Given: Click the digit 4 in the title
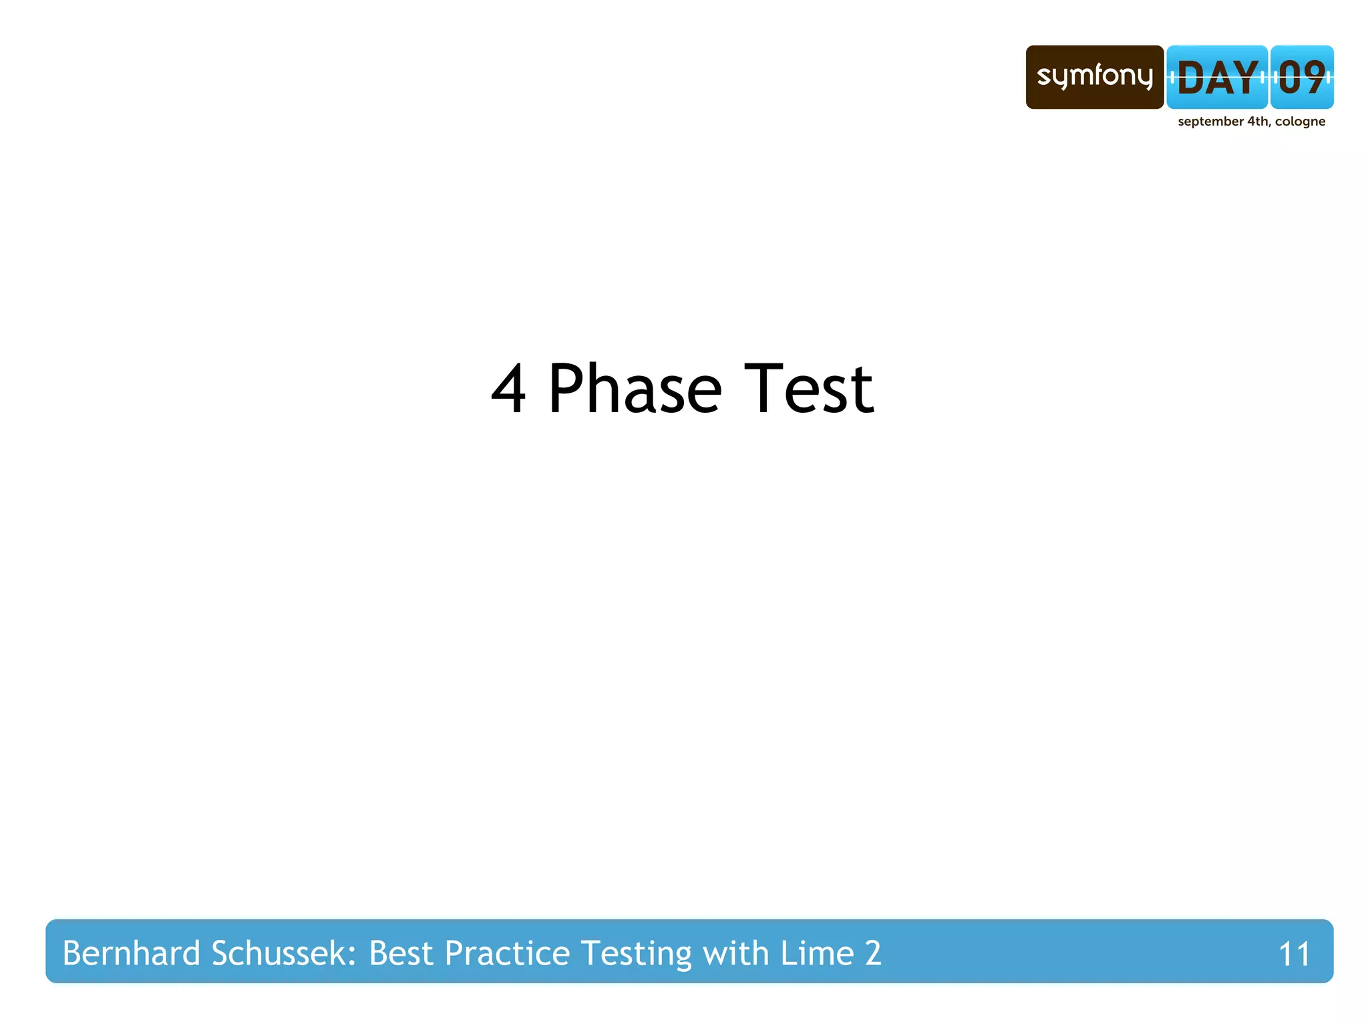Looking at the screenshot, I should pos(509,389).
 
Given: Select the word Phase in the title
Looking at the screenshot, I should pos(635,389).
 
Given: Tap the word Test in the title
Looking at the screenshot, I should pos(808,389).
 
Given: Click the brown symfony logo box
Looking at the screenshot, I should pos(1094,77).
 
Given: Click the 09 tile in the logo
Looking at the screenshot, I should pos(1302,77).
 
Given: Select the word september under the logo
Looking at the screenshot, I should pos(1210,122).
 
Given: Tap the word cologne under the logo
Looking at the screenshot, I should pos(1300,122).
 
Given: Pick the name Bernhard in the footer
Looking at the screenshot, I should pos(131,953).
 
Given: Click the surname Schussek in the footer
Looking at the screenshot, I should pos(283,953).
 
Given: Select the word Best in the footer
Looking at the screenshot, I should pos(401,953).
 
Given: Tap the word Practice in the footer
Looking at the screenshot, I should pos(507,953).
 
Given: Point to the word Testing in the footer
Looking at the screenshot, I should pos(637,953).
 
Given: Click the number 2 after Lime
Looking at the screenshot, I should pos(873,953).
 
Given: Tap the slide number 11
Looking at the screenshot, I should pos(1294,955).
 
